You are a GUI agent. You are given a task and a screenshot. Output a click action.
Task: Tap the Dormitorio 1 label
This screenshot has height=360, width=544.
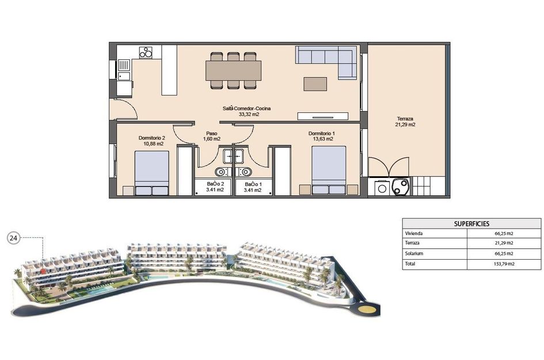321,133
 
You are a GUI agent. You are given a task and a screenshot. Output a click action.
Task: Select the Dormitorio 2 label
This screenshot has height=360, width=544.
152,138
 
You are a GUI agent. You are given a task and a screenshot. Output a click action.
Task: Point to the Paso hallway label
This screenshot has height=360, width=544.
212,133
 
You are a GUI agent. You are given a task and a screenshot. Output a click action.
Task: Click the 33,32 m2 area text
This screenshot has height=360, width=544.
249,115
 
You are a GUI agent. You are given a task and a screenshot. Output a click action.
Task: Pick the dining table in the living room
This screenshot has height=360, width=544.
233,70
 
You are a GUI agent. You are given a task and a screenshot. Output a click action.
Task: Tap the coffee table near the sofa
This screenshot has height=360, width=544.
315,84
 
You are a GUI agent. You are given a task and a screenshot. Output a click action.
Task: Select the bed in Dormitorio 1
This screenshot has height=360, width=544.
329,170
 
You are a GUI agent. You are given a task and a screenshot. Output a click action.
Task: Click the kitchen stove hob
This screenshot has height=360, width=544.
146,52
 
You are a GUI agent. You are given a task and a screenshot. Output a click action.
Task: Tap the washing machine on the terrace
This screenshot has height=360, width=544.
381,188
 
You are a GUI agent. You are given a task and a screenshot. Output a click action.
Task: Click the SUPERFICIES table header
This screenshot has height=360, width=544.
471,224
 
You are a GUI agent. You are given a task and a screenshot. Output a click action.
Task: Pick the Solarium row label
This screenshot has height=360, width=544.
414,253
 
